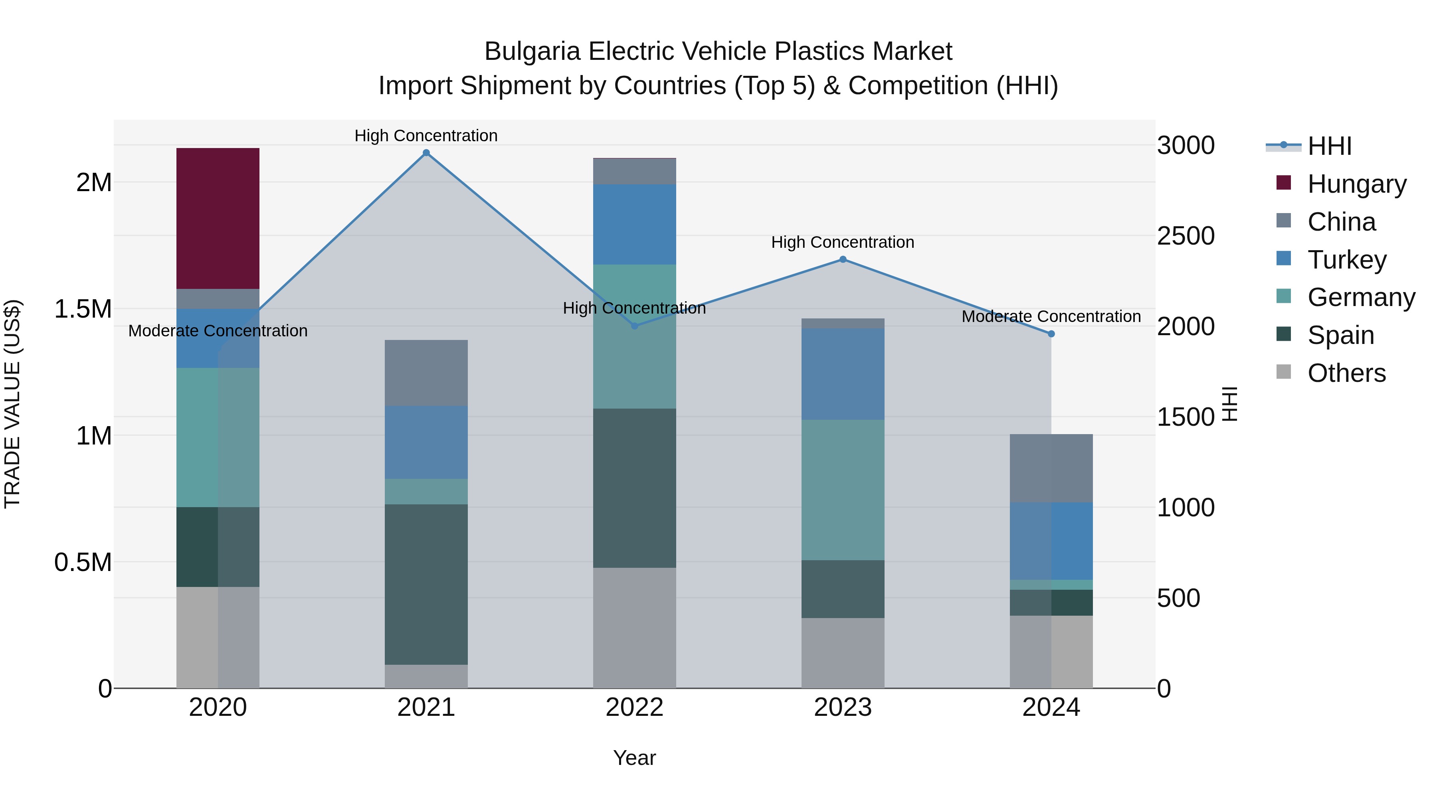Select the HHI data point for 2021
pyautogui.click(x=426, y=153)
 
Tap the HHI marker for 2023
pyautogui.click(x=843, y=259)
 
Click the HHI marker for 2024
pyautogui.click(x=1051, y=334)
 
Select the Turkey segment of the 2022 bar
pyautogui.click(x=634, y=224)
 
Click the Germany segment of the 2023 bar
pyautogui.click(x=843, y=490)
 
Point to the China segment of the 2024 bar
pyautogui.click(x=1051, y=468)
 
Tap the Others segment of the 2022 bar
pyautogui.click(x=634, y=627)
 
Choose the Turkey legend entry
pyautogui.click(x=1347, y=259)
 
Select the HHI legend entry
pyautogui.click(x=1329, y=146)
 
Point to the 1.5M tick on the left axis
pyautogui.click(x=83, y=309)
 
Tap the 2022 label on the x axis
pyautogui.click(x=634, y=707)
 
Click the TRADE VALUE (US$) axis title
pyautogui.click(x=12, y=404)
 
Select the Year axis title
pyautogui.click(x=634, y=758)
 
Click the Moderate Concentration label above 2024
pyautogui.click(x=1051, y=316)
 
